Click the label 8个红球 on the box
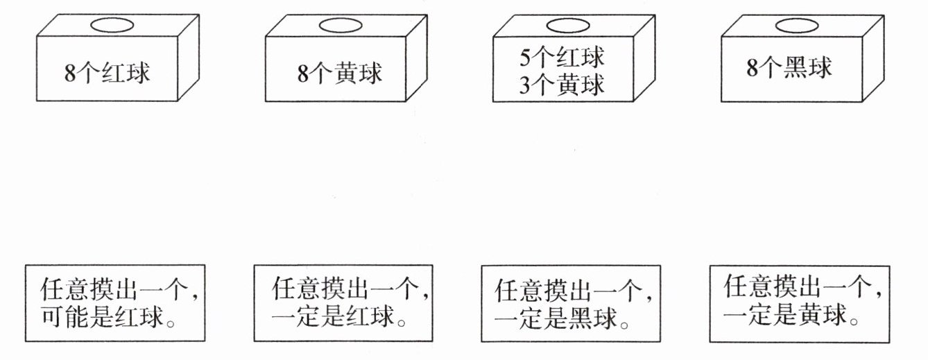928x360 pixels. point(107,73)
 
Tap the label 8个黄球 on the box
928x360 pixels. point(339,73)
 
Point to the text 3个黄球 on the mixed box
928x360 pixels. point(562,85)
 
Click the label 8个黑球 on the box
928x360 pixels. point(789,68)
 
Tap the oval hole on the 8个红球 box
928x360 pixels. point(112,26)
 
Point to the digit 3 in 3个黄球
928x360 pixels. point(525,85)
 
